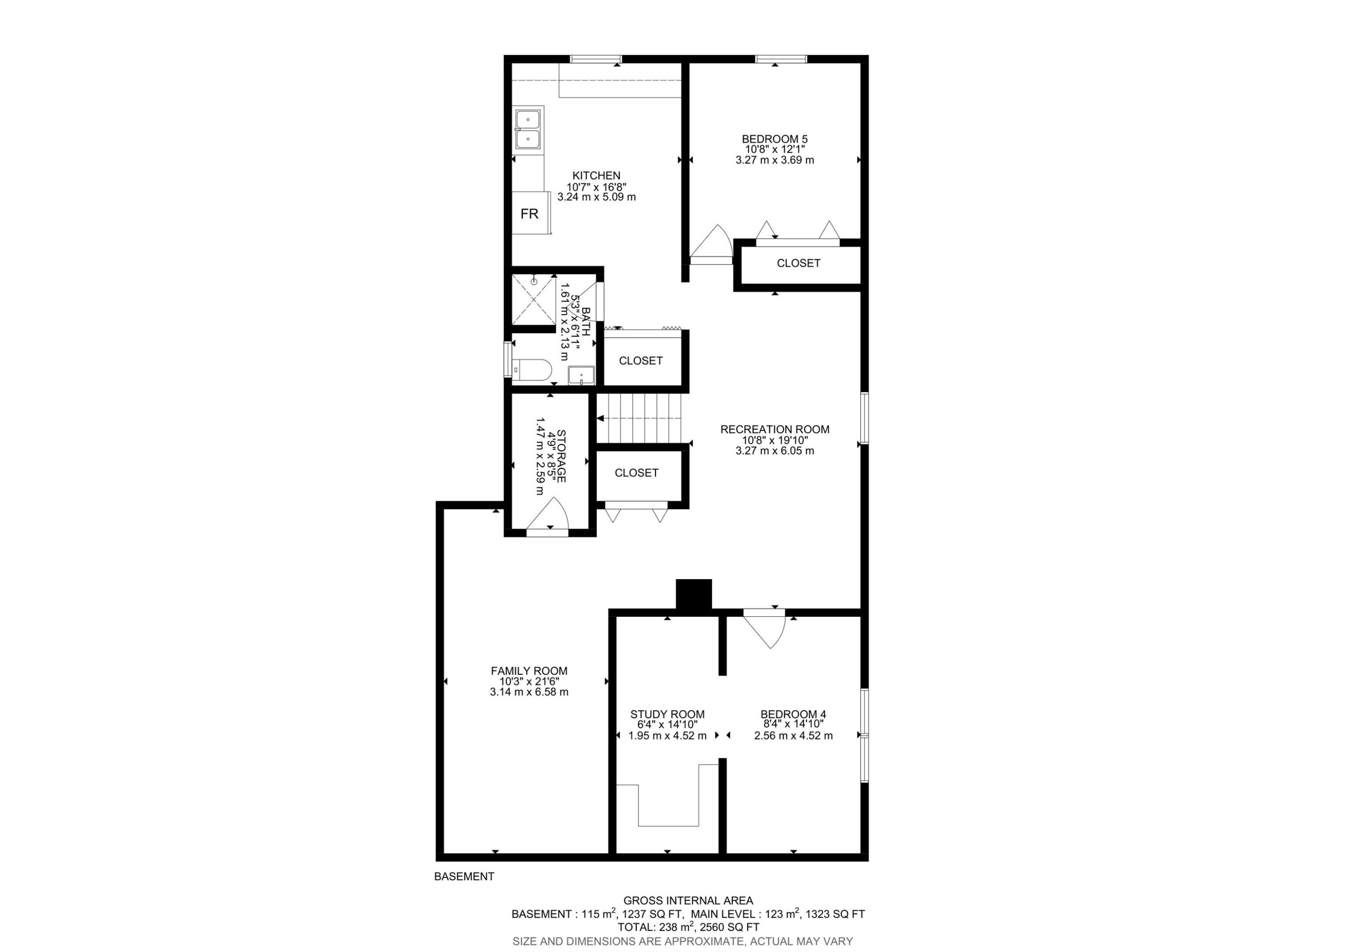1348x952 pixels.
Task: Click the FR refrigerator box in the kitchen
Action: click(x=531, y=213)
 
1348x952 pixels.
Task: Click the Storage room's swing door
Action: click(x=548, y=517)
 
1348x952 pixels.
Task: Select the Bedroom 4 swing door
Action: click(x=764, y=629)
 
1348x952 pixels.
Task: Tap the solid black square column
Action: click(x=694, y=594)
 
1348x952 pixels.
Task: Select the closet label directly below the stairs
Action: click(x=636, y=473)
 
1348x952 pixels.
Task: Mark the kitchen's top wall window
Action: click(x=596, y=59)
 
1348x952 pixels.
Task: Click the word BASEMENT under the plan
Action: click(x=464, y=876)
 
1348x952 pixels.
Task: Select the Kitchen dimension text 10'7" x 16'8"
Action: click(x=597, y=186)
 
